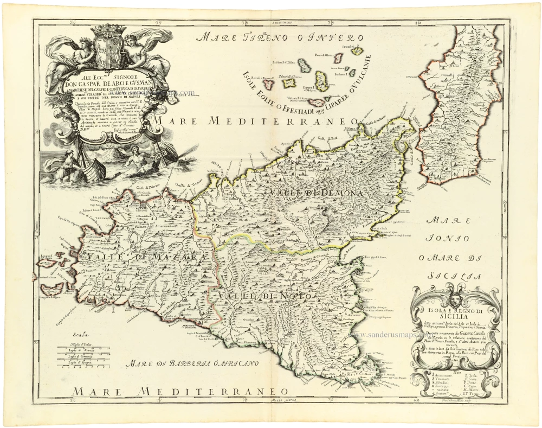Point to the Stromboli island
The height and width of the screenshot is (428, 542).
(x=340, y=56)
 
